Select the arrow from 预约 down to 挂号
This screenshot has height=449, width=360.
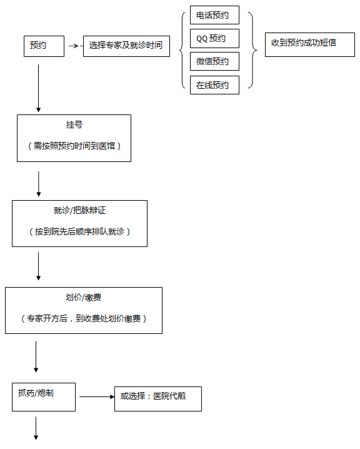pos(38,88)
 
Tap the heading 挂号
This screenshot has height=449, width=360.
pos(74,124)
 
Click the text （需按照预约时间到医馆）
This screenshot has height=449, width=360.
pos(74,146)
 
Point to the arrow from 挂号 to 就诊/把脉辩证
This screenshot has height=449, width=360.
pos(39,184)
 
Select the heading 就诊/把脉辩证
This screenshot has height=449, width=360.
pos(79,210)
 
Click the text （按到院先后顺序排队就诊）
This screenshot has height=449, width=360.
pos(79,231)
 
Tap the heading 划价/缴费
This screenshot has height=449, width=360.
pos(83,297)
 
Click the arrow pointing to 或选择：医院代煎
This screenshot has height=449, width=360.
pos(97,396)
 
